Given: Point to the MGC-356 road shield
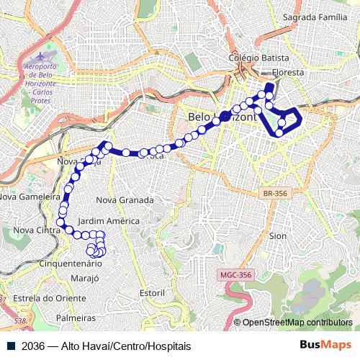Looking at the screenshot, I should [x=235, y=274].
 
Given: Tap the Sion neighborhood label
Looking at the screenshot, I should [x=277, y=235].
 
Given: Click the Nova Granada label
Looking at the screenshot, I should [x=125, y=199].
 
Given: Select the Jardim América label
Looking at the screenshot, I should [x=108, y=221].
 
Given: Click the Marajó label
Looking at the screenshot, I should [x=85, y=278].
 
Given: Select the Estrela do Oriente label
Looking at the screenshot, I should [x=50, y=297].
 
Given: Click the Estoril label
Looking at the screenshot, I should [x=152, y=293].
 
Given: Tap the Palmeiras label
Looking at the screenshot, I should [x=76, y=318].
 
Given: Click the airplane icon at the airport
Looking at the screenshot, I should [x=37, y=55].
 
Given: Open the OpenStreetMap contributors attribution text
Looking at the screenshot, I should [x=297, y=323].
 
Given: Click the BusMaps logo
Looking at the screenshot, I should [x=325, y=345].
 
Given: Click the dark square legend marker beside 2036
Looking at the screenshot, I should [x=11, y=346].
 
